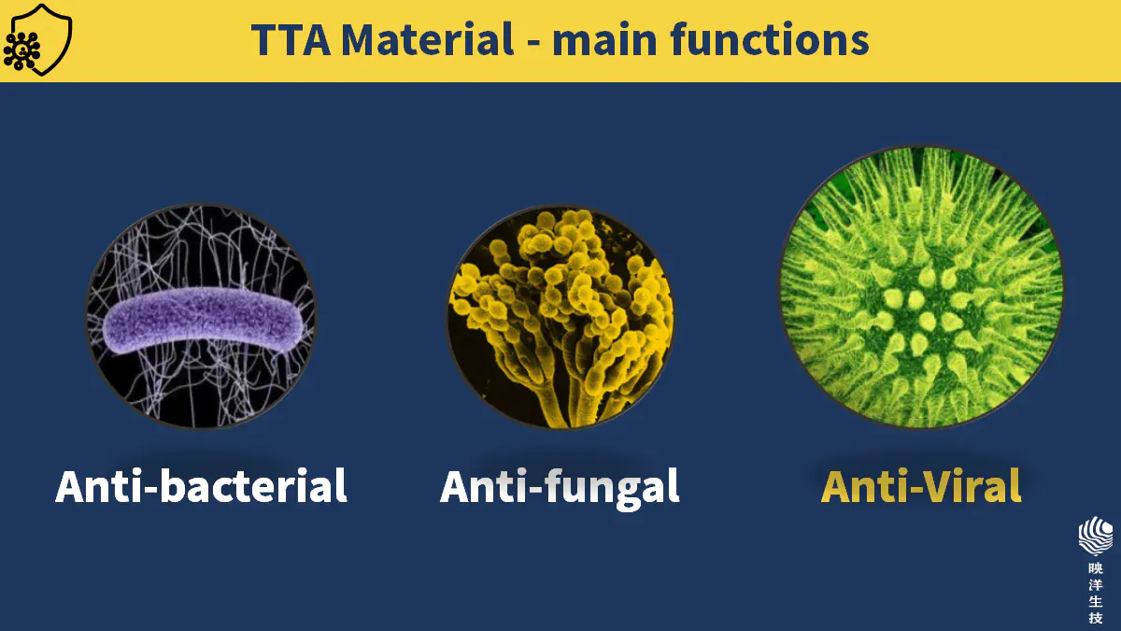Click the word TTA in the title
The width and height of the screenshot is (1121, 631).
tap(291, 39)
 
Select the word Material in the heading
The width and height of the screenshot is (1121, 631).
tap(428, 39)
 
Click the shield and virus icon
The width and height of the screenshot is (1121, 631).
tap(37, 39)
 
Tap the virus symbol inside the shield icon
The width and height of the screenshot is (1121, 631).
tap(21, 50)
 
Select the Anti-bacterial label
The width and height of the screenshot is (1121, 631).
tap(201, 486)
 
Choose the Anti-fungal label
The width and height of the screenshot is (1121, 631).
tap(560, 488)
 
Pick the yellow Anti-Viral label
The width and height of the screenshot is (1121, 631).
tap(921, 486)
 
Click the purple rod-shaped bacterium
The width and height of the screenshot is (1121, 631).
tap(204, 320)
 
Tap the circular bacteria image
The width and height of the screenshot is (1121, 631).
tap(201, 317)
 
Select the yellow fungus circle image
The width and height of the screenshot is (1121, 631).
tap(560, 318)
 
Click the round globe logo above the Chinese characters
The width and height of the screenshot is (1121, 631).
tap(1096, 536)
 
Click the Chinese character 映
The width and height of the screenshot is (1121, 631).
tap(1096, 568)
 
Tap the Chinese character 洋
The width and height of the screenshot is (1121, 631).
tap(1096, 585)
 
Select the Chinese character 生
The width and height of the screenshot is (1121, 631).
tap(1096, 601)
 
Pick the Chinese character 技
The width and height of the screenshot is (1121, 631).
tap(1096, 618)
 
